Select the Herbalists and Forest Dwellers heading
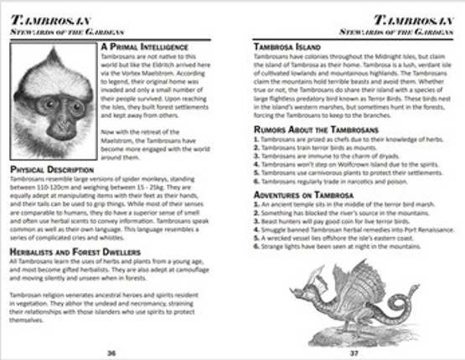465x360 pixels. coord(75,251)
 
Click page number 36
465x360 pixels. coord(111,352)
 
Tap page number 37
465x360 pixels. coord(354,352)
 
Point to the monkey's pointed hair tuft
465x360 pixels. coord(55,52)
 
